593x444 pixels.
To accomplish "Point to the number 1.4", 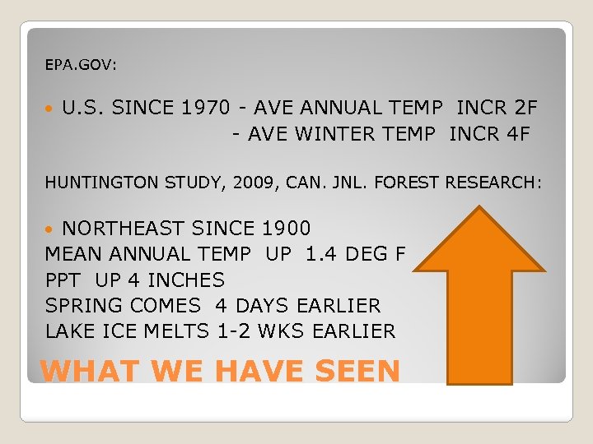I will pyautogui.click(x=321, y=254).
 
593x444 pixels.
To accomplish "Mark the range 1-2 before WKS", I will pyautogui.click(x=236, y=331).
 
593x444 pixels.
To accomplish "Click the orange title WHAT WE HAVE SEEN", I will pyautogui.click(x=220, y=372).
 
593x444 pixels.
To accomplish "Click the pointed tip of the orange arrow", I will pyautogui.click(x=479, y=208).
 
